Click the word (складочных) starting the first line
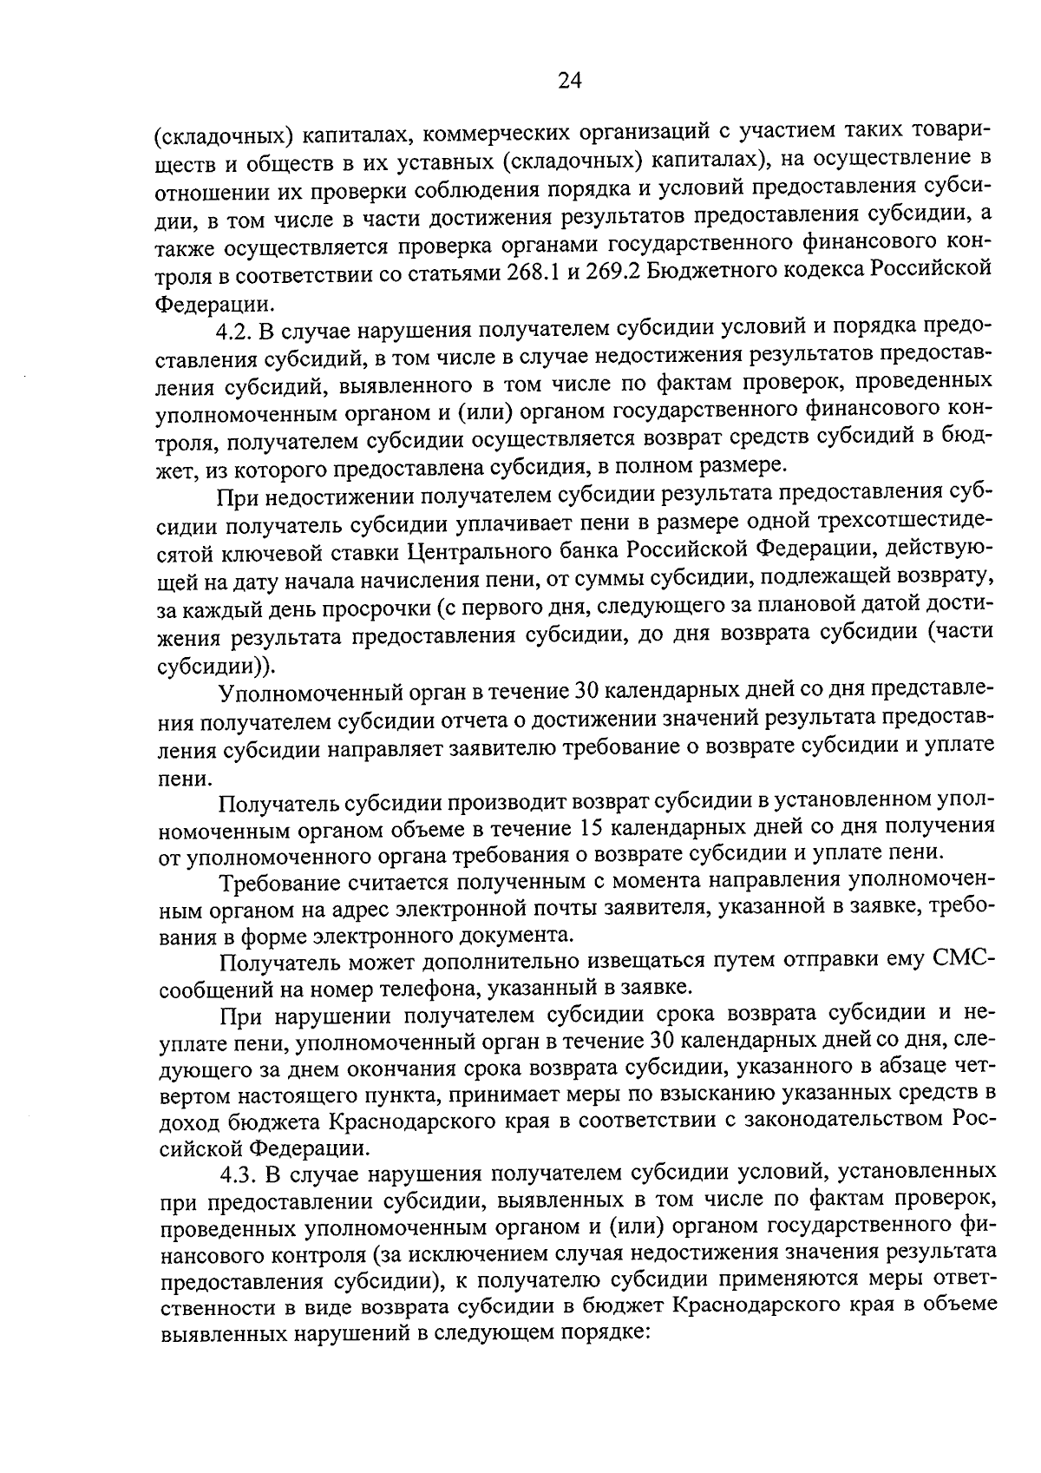[x=221, y=135]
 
